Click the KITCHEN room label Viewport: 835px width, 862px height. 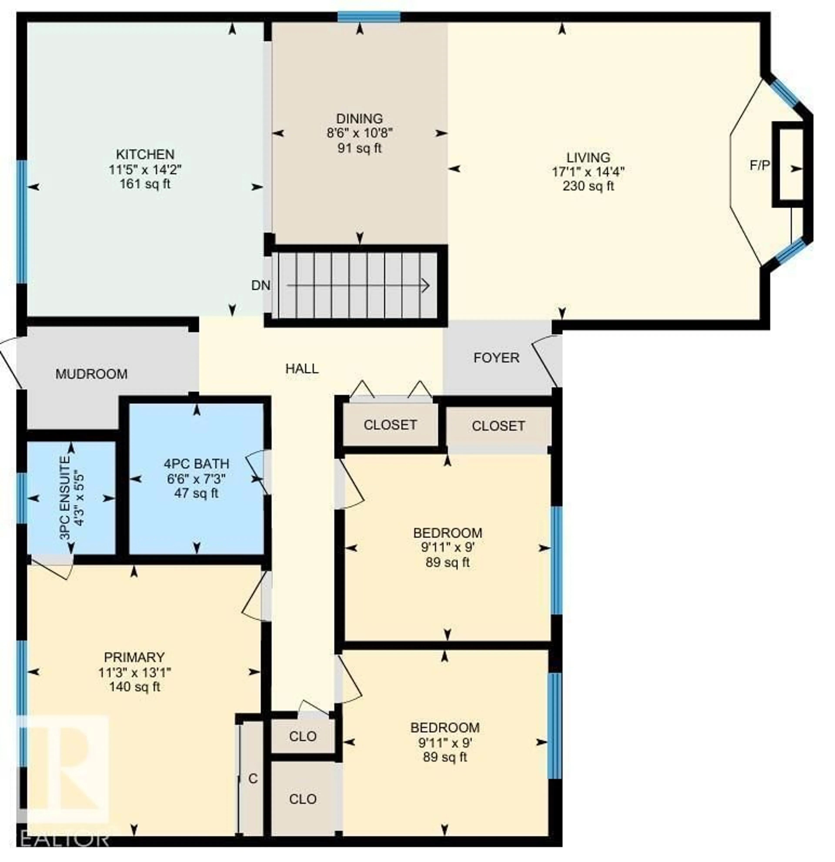click(145, 154)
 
